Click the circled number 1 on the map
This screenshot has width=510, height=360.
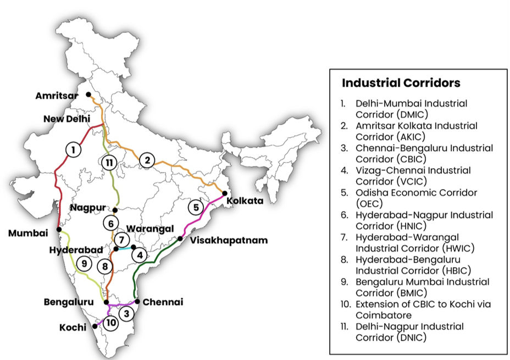tap(73, 149)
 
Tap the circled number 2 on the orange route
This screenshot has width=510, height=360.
tap(147, 160)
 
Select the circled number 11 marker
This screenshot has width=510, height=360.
tap(110, 162)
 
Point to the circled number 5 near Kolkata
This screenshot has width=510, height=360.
tap(196, 208)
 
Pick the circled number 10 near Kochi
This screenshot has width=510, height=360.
tap(111, 323)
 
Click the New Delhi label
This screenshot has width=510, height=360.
tap(68, 119)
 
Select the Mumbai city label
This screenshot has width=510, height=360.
tap(27, 234)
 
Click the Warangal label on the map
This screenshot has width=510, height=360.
tap(149, 228)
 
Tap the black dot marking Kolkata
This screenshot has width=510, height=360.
tap(224, 193)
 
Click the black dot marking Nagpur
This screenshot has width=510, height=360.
tap(115, 210)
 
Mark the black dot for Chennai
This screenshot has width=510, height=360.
tap(137, 301)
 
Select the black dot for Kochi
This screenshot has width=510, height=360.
tap(96, 326)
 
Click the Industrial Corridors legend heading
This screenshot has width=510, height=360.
tap(401, 83)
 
